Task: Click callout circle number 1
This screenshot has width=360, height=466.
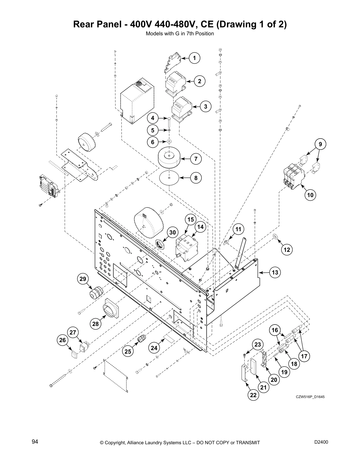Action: (194, 58)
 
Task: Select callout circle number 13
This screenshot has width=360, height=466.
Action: (275, 272)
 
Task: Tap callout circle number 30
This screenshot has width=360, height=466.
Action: (172, 232)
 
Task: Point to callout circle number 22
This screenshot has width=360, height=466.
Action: (253, 395)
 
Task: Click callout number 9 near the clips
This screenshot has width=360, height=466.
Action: (320, 144)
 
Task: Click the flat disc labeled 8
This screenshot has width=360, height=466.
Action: (170, 178)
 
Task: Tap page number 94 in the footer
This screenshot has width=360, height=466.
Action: (35, 442)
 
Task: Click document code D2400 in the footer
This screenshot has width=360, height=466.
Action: (321, 442)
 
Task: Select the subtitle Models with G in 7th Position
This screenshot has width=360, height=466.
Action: (180, 34)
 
